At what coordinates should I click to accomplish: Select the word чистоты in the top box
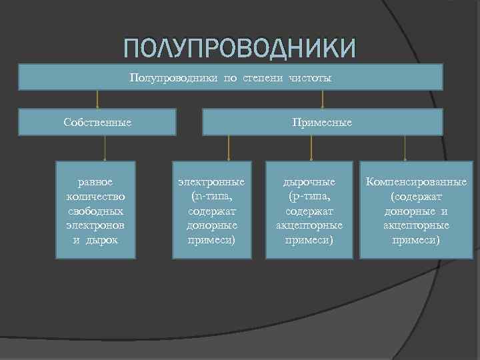[310, 78]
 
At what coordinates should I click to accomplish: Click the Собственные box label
[97, 123]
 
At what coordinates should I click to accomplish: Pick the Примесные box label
[322, 123]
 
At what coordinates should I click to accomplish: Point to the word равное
[95, 181]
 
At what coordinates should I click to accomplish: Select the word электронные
[211, 181]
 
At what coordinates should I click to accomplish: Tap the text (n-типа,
[211, 196]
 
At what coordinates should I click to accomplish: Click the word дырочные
[309, 181]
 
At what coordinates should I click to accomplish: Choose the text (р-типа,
[309, 196]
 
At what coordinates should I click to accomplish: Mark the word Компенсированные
[415, 181]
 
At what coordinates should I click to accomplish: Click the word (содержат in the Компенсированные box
[415, 196]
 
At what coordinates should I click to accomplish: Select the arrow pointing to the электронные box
[229, 148]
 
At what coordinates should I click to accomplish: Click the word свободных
[95, 211]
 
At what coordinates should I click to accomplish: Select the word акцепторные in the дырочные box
[309, 225]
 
